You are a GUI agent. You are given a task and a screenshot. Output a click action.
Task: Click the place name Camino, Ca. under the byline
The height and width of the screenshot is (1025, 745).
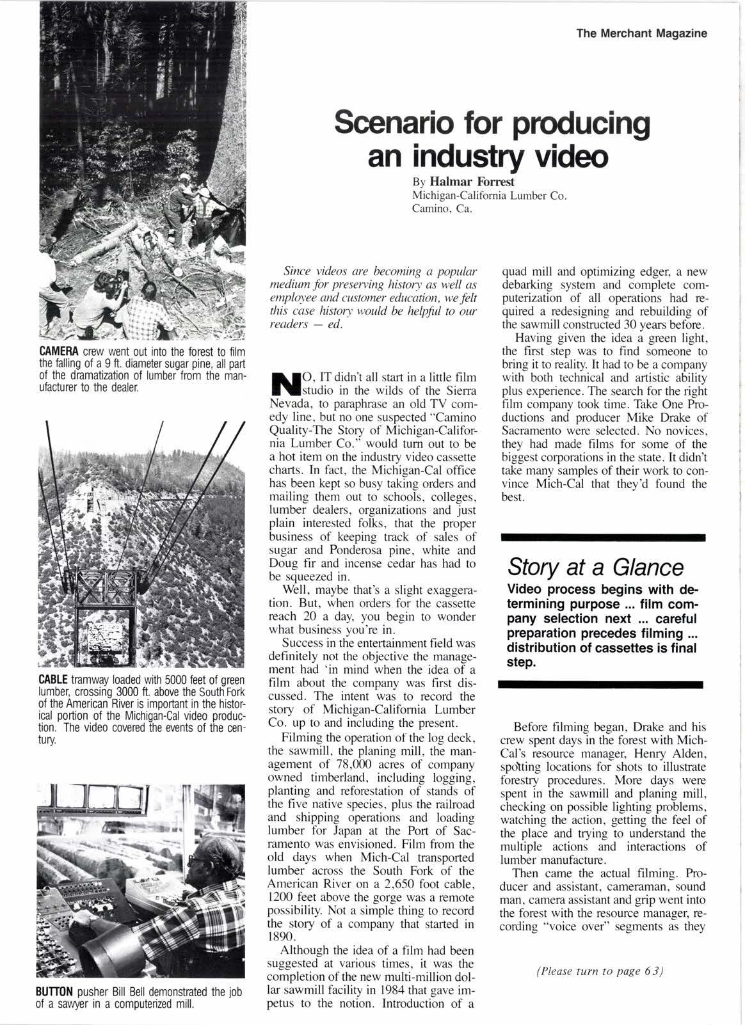pos(442,208)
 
